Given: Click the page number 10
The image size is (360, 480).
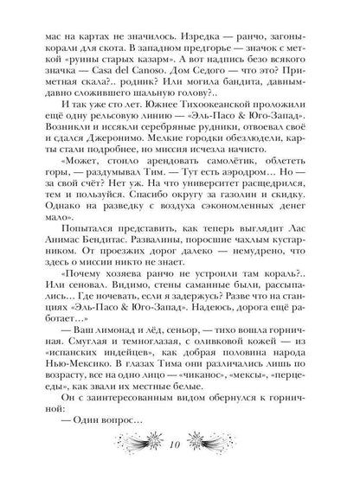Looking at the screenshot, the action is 179,469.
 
